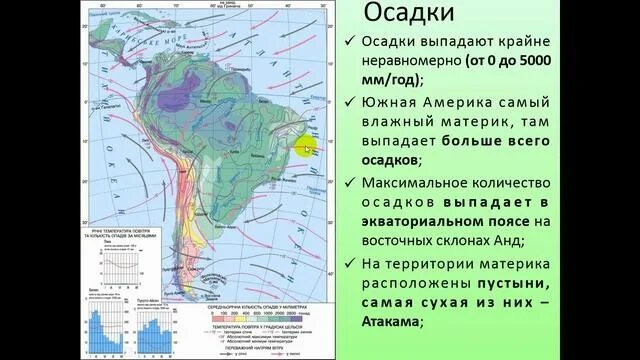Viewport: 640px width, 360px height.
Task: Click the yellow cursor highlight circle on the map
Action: pyautogui.click(x=306, y=148)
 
